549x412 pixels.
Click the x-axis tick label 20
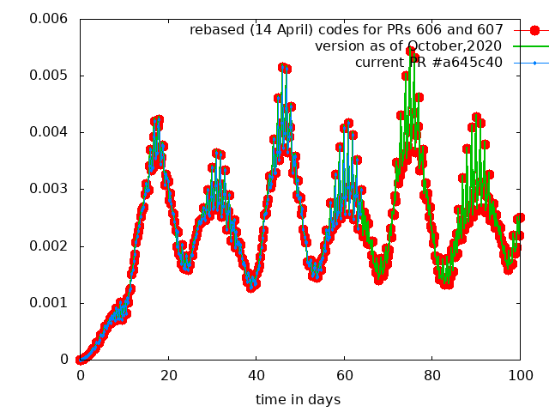point(168,375)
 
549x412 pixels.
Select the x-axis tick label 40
point(256,375)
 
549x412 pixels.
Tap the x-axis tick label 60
point(344,375)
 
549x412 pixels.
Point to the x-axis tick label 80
point(432,375)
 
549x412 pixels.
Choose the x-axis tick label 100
point(520,375)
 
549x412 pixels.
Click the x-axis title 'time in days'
point(298,399)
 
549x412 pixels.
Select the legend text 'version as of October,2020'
point(408,46)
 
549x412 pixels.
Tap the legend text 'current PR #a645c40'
point(428,63)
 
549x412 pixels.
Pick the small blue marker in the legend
point(534,63)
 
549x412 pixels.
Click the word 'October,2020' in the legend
point(460,46)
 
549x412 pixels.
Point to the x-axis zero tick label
point(80,375)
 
